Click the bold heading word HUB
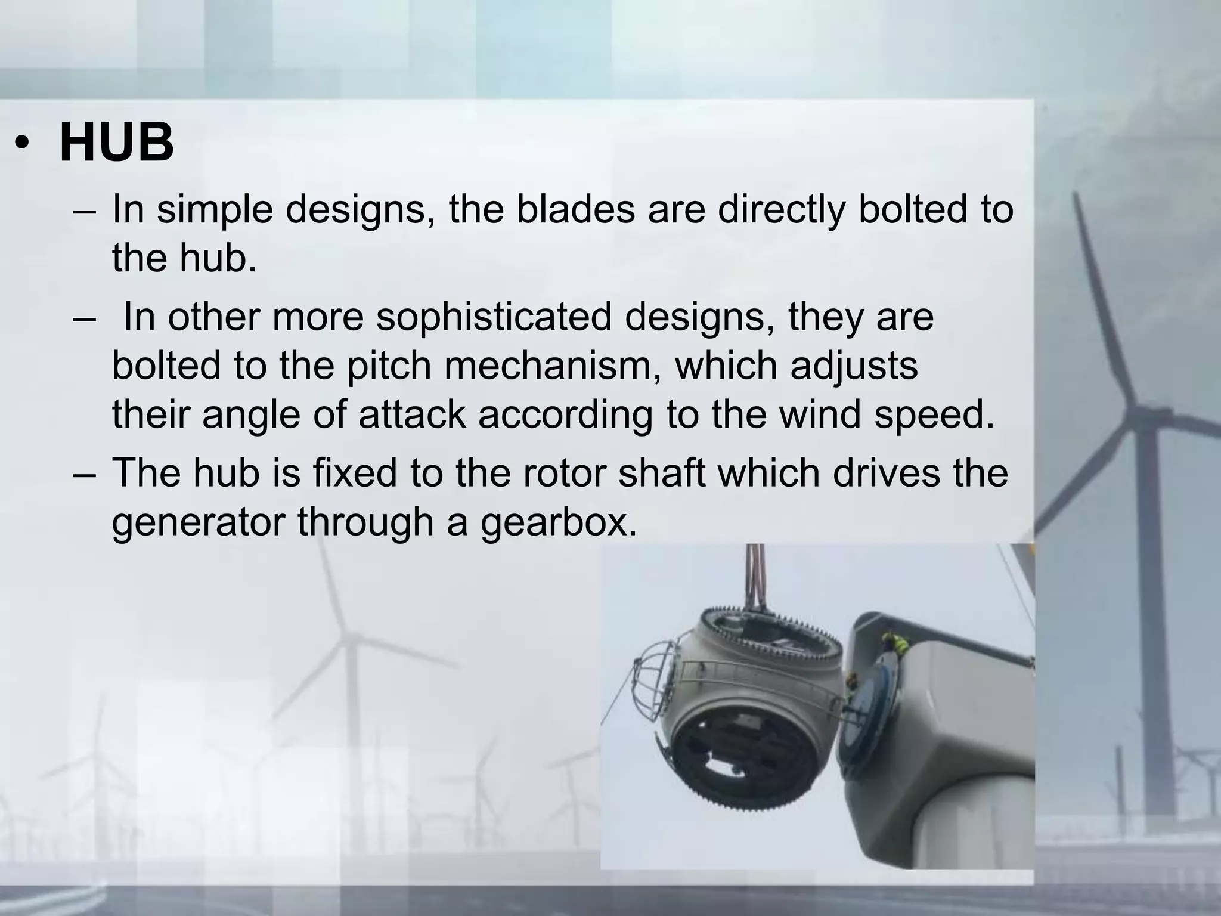[117, 143]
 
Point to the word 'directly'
[782, 209]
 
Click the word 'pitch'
[389, 365]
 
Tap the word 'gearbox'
[559, 521]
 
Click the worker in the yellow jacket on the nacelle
[894, 642]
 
